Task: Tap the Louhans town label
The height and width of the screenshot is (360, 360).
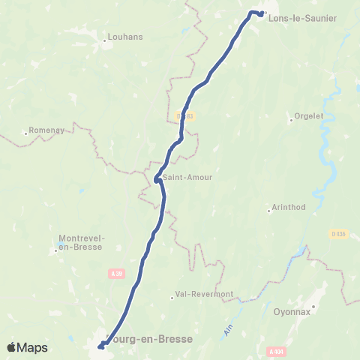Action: (x=120, y=35)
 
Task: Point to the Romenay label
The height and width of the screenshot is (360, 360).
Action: (x=46, y=130)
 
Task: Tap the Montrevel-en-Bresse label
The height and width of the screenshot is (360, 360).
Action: (x=82, y=243)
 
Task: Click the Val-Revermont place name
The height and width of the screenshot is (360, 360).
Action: (x=204, y=294)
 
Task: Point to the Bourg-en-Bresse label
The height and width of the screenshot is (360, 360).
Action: (x=150, y=339)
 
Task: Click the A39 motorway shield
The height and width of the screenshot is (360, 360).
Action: (x=115, y=273)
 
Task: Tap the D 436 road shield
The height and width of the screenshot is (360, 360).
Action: (x=338, y=234)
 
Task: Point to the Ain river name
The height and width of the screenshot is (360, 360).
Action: (x=228, y=328)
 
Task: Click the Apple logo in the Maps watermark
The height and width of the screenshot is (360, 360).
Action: (x=11, y=348)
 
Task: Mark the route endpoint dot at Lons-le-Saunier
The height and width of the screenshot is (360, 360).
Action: (x=261, y=14)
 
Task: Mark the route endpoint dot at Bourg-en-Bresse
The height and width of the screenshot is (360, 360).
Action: (x=100, y=346)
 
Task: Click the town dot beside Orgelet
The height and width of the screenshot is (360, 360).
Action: (x=292, y=119)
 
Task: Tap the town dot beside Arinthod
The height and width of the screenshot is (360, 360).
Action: (x=269, y=211)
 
